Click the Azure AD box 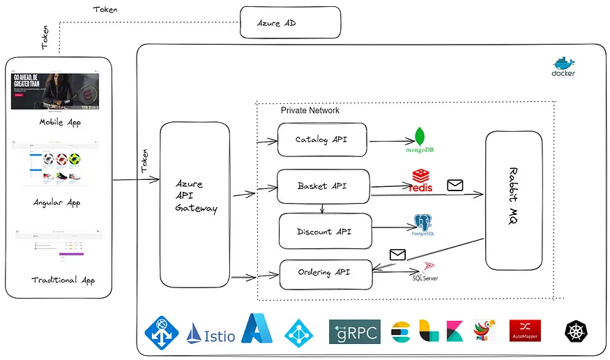pyautogui.click(x=290, y=22)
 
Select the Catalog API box pyautogui.click(x=321, y=140)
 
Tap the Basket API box pyautogui.click(x=323, y=186)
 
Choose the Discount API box pyautogui.click(x=325, y=231)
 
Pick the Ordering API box pyautogui.click(x=326, y=273)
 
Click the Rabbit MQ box pyautogui.click(x=514, y=200)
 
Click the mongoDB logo pyautogui.click(x=420, y=140)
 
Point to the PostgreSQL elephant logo pyautogui.click(x=423, y=225)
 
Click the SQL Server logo pyautogui.click(x=426, y=271)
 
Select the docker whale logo pyautogui.click(x=563, y=66)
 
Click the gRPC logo pyautogui.click(x=354, y=331)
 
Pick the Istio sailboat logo pyautogui.click(x=209, y=333)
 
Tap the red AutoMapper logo pyautogui.click(x=525, y=331)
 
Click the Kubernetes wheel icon pyautogui.click(x=576, y=332)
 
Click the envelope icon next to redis pyautogui.click(x=455, y=185)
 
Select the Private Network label pyautogui.click(x=310, y=110)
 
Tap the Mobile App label pyautogui.click(x=60, y=122)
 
